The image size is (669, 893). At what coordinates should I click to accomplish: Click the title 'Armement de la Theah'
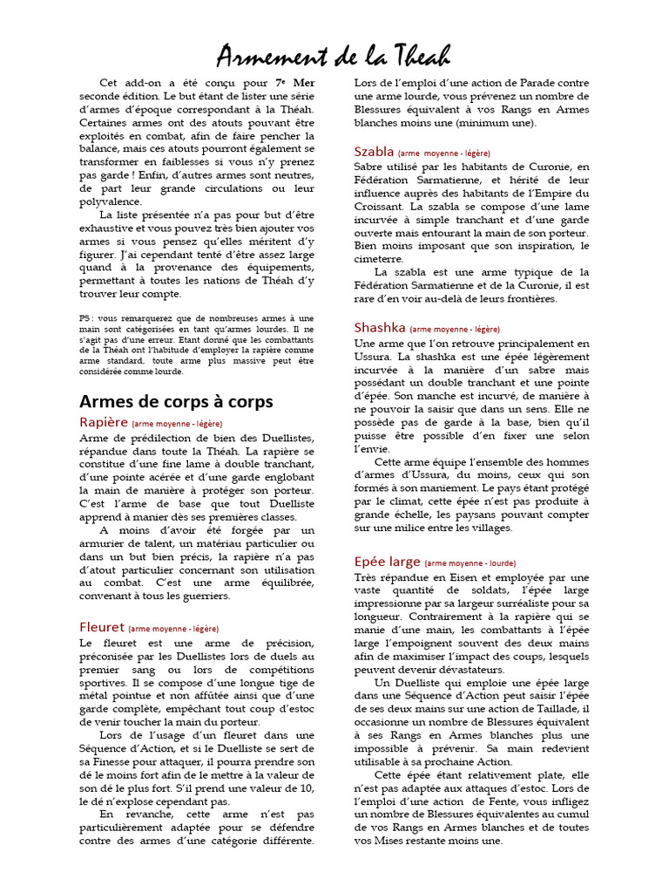[334, 57]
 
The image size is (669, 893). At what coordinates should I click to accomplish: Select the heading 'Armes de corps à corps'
[176, 401]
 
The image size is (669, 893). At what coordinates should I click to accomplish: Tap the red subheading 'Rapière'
[104, 422]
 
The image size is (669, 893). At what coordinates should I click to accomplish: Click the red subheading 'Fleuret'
[102, 627]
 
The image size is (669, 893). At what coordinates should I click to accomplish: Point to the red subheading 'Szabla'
[375, 151]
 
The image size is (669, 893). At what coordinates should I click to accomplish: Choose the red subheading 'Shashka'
[380, 328]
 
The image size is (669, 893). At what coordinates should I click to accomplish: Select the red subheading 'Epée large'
[388, 562]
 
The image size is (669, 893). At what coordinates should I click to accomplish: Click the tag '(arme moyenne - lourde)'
[470, 563]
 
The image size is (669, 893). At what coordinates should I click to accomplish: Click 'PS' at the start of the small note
[85, 319]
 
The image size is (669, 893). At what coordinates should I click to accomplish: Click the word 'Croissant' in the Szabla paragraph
[380, 207]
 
